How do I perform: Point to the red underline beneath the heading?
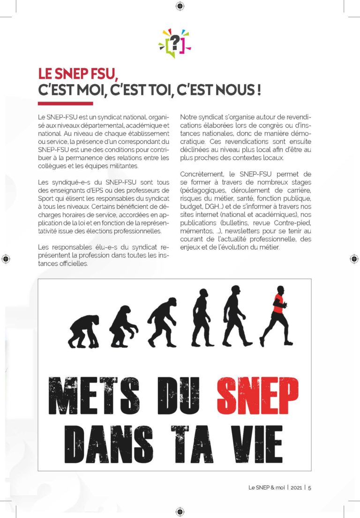tap(65, 104)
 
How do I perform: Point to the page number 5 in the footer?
tap(309, 487)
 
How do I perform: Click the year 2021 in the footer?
tap(296, 487)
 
